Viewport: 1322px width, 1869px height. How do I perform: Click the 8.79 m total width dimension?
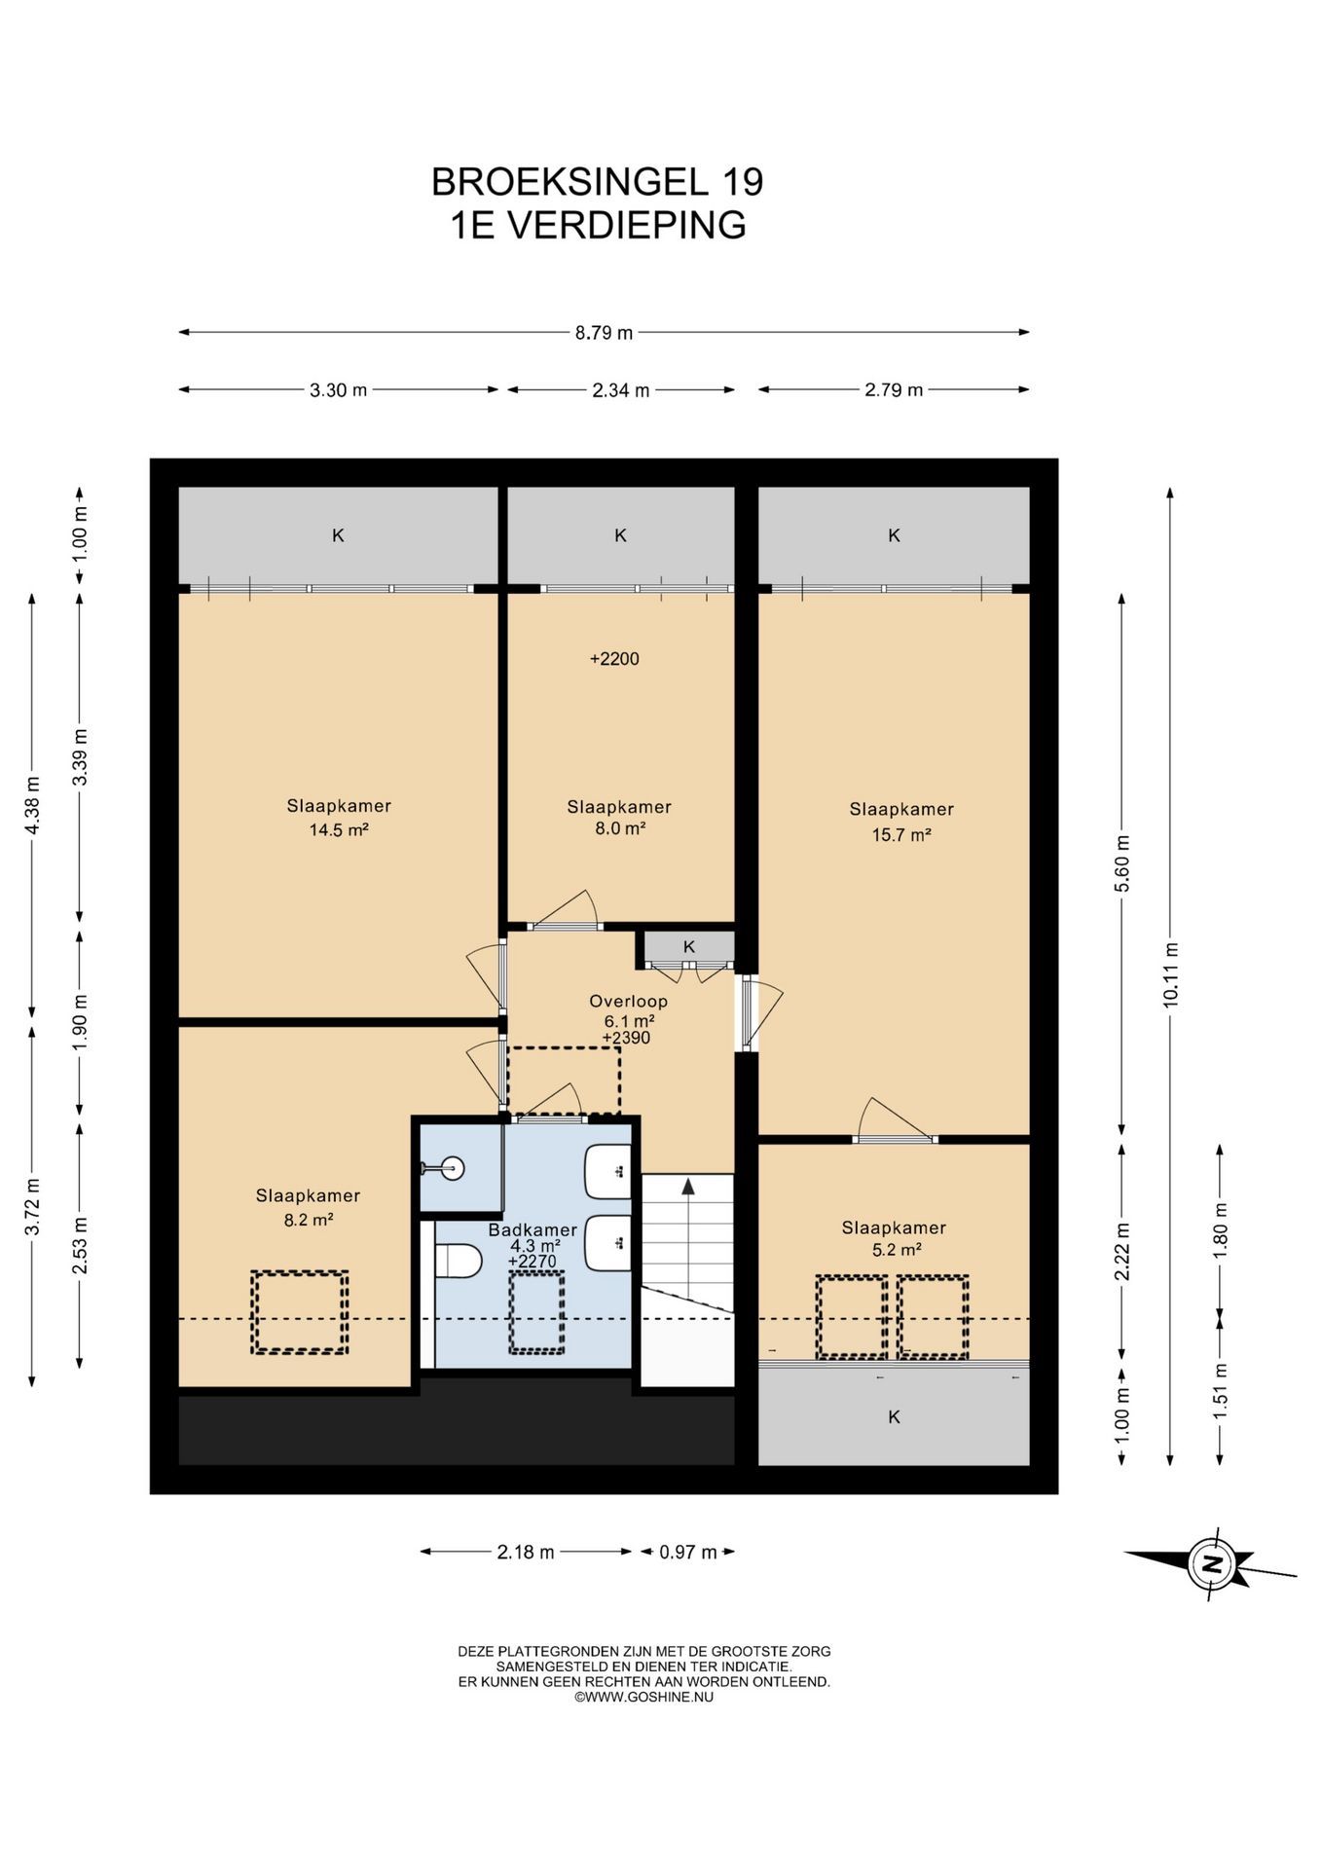604,333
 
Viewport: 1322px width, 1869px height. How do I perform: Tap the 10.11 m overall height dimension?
1170,974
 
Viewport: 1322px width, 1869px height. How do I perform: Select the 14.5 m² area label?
339,830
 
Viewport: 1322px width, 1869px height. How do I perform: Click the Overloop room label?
628,1001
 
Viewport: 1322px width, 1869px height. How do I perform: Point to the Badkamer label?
532,1229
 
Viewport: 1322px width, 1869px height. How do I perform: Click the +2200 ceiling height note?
614,659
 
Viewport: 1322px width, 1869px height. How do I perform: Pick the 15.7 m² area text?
901,834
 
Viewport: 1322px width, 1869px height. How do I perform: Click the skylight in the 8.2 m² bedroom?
300,1311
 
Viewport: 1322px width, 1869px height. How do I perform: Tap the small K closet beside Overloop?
688,946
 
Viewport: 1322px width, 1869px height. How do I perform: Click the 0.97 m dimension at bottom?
687,1552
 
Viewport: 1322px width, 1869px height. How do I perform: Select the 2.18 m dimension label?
526,1552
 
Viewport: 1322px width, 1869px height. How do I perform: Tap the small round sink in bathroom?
451,1167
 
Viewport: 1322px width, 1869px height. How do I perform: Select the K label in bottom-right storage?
894,1416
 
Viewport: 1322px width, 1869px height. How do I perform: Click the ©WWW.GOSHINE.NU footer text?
643,1697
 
